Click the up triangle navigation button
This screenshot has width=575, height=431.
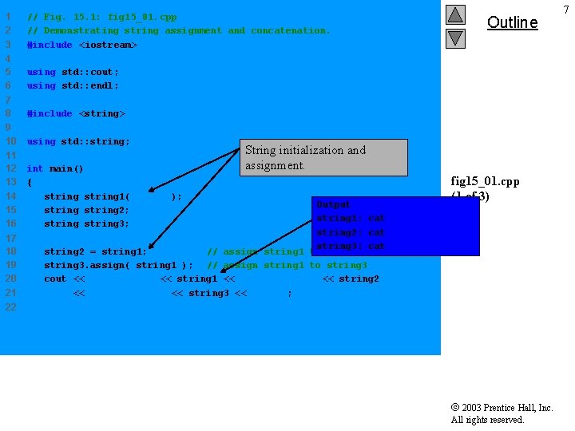tap(455, 15)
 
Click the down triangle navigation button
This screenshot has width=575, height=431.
tap(455, 38)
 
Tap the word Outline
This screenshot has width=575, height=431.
tap(512, 22)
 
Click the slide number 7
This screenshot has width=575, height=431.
tap(565, 9)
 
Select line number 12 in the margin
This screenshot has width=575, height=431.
tap(10, 168)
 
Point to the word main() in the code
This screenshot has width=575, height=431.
tap(66, 168)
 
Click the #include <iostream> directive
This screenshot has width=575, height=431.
tap(82, 45)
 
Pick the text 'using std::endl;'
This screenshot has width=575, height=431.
tap(73, 85)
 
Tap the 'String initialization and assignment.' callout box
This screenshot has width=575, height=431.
tap(323, 158)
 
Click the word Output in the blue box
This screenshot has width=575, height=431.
tap(333, 205)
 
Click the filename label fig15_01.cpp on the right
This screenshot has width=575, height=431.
tap(485, 181)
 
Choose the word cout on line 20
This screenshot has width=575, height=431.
tap(55, 279)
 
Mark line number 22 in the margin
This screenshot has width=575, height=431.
tap(10, 306)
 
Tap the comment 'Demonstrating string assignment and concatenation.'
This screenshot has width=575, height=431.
tap(186, 30)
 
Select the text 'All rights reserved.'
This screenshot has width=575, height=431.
tap(487, 420)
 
